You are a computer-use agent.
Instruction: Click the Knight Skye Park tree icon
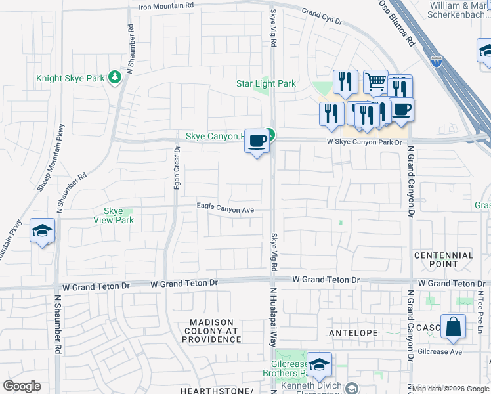coord(116,78)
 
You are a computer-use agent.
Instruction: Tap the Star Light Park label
coord(266,83)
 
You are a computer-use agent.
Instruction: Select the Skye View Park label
coord(119,215)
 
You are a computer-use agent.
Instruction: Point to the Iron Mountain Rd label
coord(167,6)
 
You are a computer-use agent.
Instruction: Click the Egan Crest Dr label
coord(177,168)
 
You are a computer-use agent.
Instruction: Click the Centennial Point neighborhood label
coord(444,259)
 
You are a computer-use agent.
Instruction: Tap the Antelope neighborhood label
coord(353,333)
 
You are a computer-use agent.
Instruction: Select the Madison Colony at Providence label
coord(212,331)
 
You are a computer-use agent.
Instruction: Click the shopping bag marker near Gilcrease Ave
coord(453,326)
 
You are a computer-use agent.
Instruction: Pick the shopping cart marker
coord(375,82)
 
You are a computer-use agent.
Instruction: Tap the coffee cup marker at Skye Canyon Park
coord(257,140)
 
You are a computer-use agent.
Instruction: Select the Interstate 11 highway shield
coord(437,61)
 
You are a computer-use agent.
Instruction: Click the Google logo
coord(22,386)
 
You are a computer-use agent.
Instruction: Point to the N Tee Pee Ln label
coord(480,305)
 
